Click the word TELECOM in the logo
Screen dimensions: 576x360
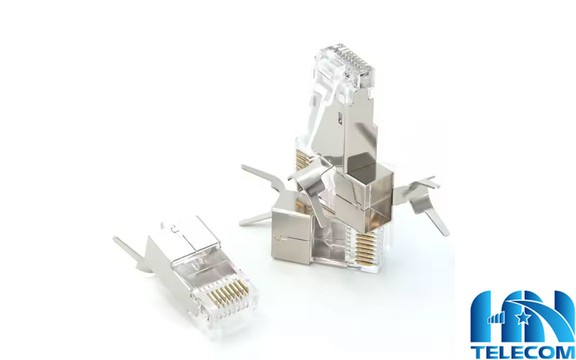[x=523, y=352]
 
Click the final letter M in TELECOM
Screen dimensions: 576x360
[x=566, y=352]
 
